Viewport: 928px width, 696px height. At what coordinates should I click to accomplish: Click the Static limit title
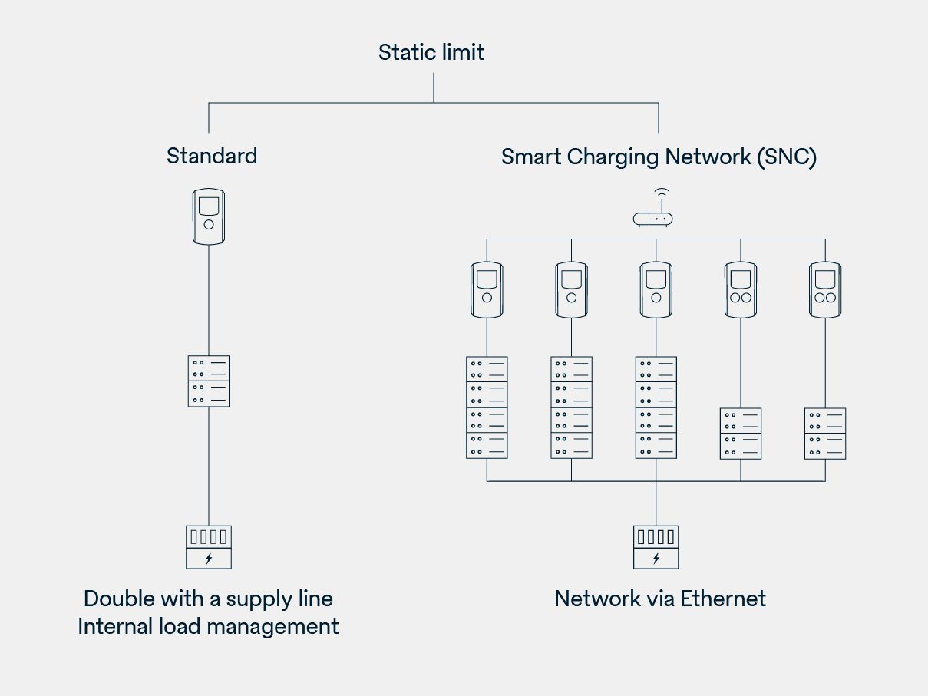coord(431,52)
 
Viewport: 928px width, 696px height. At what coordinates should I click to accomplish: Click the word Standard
coord(212,156)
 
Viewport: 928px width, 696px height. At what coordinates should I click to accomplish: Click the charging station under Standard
coord(209,216)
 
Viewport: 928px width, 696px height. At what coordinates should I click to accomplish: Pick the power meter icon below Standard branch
coord(208,546)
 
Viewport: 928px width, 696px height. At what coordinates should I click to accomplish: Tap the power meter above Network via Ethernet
coord(656,546)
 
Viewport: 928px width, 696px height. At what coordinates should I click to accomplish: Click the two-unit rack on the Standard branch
coord(209,381)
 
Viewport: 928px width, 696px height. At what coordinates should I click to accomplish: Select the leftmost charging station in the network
coord(487,289)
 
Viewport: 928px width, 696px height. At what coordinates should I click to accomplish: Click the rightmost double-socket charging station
coord(825,289)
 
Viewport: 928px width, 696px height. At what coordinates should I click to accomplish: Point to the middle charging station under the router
coord(656,289)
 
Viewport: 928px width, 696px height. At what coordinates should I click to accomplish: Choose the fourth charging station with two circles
coord(741,289)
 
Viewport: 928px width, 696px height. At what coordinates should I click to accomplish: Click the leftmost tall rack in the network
coord(487,407)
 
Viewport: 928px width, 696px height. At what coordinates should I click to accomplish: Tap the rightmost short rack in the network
coord(825,434)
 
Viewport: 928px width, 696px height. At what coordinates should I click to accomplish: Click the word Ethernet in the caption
coord(722,599)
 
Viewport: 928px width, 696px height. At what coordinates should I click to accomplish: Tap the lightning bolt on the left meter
coord(208,559)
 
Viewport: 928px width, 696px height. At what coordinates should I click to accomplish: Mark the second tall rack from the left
coord(571,407)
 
